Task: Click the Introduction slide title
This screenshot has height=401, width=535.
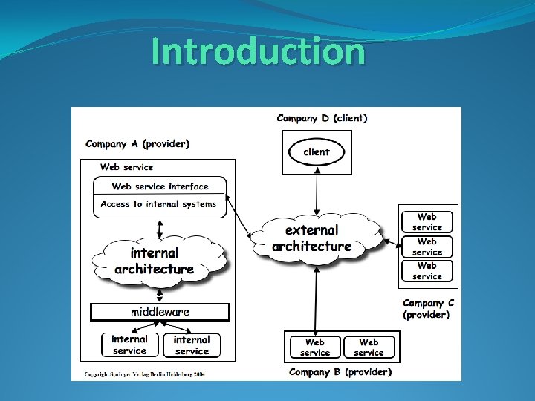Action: pyautogui.click(x=258, y=52)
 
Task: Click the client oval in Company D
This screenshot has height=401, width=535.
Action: pyautogui.click(x=317, y=152)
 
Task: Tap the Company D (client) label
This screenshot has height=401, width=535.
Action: pyautogui.click(x=322, y=117)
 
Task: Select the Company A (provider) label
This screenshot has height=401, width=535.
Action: pyautogui.click(x=137, y=143)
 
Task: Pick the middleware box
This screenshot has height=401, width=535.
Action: pyautogui.click(x=160, y=312)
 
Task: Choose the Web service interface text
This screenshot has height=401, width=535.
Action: pyautogui.click(x=160, y=186)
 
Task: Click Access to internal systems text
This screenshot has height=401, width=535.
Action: pyautogui.click(x=158, y=203)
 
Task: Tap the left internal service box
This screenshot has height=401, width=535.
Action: pyautogui.click(x=130, y=345)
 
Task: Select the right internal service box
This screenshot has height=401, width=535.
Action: pyautogui.click(x=192, y=345)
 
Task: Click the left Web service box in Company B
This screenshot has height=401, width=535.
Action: pyautogui.click(x=315, y=347)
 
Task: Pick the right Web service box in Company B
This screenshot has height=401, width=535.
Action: pyautogui.click(x=369, y=347)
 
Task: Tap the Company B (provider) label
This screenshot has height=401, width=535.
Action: pyautogui.click(x=340, y=371)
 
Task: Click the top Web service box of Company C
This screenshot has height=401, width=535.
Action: pyautogui.click(x=427, y=222)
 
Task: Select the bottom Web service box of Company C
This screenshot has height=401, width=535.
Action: pyautogui.click(x=427, y=270)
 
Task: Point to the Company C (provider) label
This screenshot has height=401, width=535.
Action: pyautogui.click(x=428, y=308)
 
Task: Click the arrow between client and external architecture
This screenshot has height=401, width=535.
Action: pyautogui.click(x=317, y=193)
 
